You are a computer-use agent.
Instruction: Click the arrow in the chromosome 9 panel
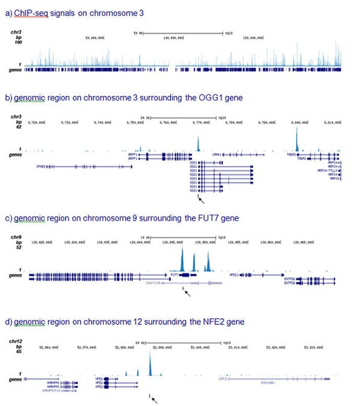pyautogui.click(x=188, y=293)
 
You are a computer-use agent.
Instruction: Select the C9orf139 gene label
pyautogui.click(x=156, y=280)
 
